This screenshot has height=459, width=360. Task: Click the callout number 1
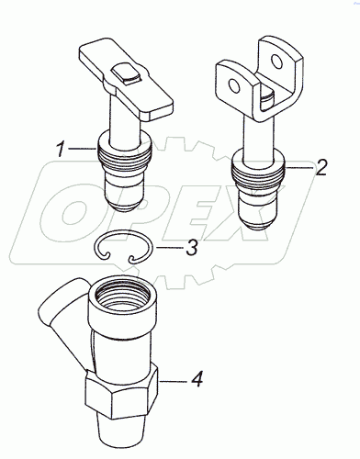click(x=61, y=149)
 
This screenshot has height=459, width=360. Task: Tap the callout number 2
click(x=321, y=167)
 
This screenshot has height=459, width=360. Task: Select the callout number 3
click(x=192, y=247)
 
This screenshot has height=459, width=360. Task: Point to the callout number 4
click(x=197, y=379)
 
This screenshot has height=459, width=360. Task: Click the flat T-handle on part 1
click(x=126, y=80)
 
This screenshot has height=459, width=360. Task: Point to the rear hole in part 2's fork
click(x=277, y=62)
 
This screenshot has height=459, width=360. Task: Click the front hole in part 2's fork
click(x=234, y=85)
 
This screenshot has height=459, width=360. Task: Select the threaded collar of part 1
click(x=124, y=153)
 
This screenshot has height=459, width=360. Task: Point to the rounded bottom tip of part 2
click(x=258, y=223)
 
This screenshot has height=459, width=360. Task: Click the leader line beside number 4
click(x=173, y=381)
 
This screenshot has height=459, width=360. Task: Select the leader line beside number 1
click(x=82, y=149)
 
